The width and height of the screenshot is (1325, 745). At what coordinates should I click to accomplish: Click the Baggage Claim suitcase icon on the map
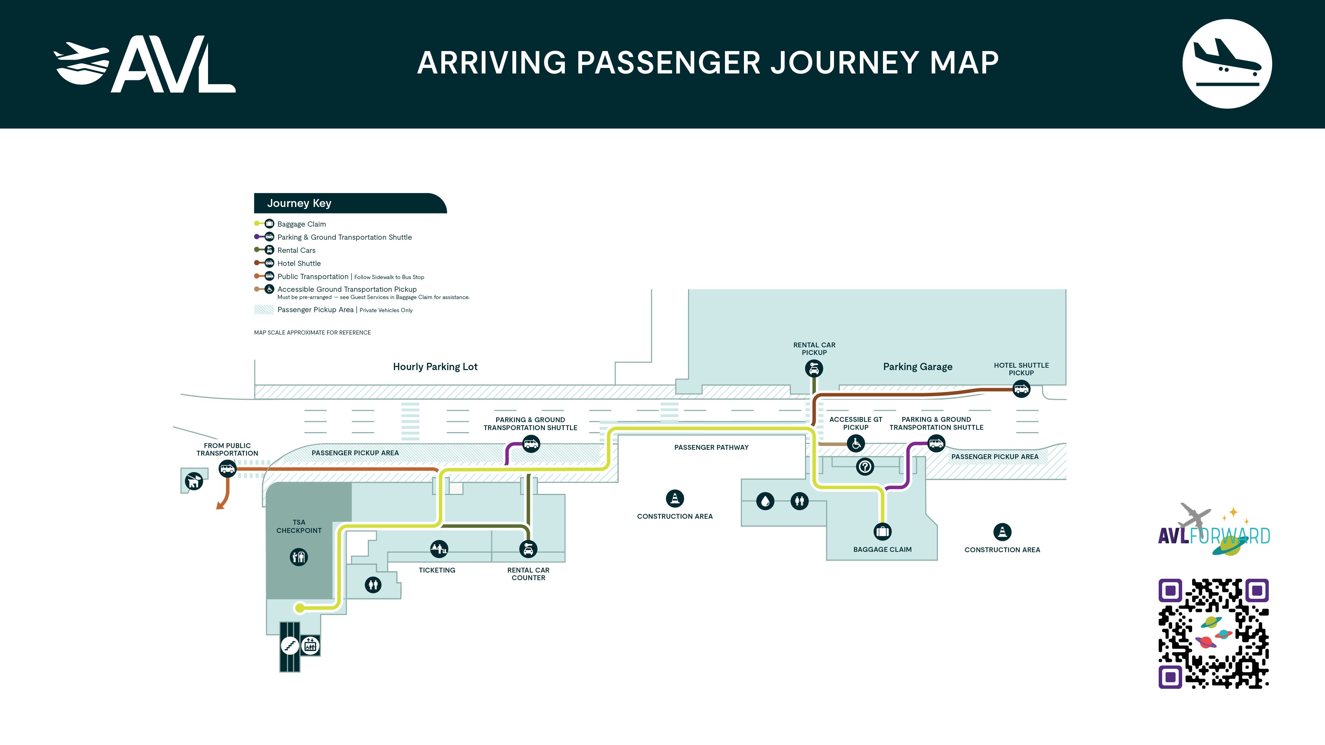883,532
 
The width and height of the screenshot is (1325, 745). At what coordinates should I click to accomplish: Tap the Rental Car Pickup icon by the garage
814,369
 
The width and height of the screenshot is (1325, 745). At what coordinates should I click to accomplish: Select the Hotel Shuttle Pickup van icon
1021,389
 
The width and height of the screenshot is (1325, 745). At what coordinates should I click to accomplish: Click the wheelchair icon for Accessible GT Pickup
856,443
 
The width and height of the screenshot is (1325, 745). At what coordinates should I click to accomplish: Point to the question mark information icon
865,467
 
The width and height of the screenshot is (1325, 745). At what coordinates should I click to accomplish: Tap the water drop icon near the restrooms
765,501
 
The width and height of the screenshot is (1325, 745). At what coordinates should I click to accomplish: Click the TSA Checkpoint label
299,526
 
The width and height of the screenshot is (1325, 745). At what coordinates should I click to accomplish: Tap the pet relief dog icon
194,481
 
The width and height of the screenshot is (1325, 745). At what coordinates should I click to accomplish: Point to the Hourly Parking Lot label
435,367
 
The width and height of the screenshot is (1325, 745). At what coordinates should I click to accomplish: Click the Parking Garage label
917,367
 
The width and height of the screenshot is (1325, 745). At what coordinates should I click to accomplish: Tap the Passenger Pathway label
711,447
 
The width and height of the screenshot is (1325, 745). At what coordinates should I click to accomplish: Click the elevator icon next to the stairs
310,645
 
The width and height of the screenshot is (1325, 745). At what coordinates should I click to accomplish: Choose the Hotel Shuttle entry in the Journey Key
299,263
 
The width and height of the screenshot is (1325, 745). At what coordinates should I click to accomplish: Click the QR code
1214,634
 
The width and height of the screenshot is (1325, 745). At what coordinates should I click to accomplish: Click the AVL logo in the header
145,64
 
